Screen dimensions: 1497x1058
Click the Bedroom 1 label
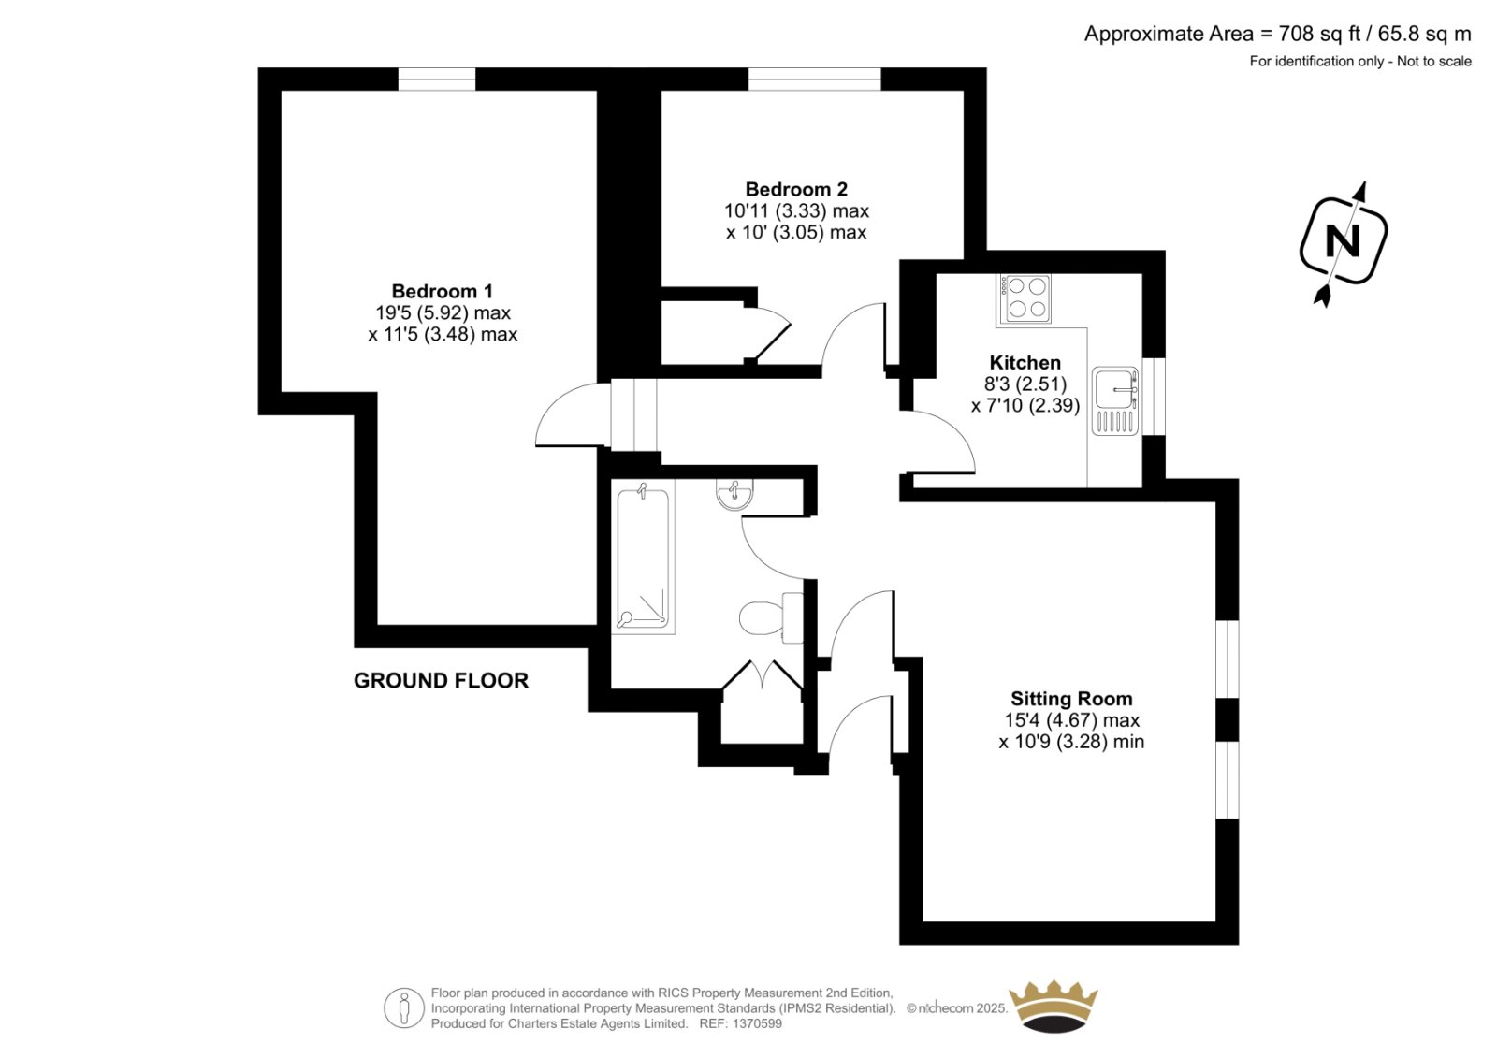442,292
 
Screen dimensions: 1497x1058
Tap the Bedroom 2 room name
796,189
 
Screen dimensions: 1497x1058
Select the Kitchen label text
1025,363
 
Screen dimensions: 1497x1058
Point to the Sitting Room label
1071,699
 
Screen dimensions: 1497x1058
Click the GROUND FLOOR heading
441,680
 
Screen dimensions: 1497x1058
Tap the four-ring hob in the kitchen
1025,298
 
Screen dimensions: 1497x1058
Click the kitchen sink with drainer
1115,401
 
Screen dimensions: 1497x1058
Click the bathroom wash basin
734,493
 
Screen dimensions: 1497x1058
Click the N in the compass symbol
1343,240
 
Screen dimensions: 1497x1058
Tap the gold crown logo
1053,1007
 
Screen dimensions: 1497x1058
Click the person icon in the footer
403,1008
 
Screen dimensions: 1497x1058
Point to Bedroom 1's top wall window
437,79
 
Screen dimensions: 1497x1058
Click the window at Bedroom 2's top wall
815,79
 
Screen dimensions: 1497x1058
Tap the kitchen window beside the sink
1155,397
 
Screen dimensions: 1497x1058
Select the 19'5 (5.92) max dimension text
443,312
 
